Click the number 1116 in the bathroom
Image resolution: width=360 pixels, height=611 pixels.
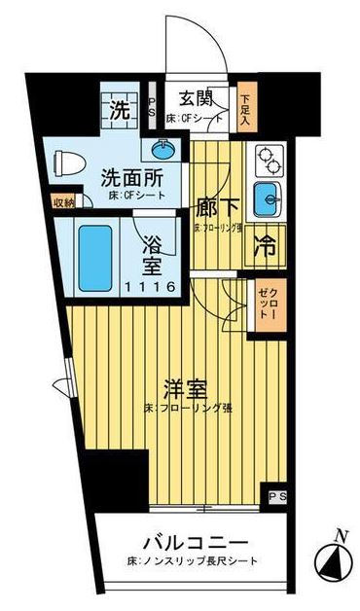(x=151, y=286)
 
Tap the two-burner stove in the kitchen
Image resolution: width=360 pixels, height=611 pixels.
(x=265, y=158)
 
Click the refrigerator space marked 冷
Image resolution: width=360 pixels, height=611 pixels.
(x=265, y=246)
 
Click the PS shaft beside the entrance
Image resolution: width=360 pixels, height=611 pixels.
(x=153, y=106)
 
